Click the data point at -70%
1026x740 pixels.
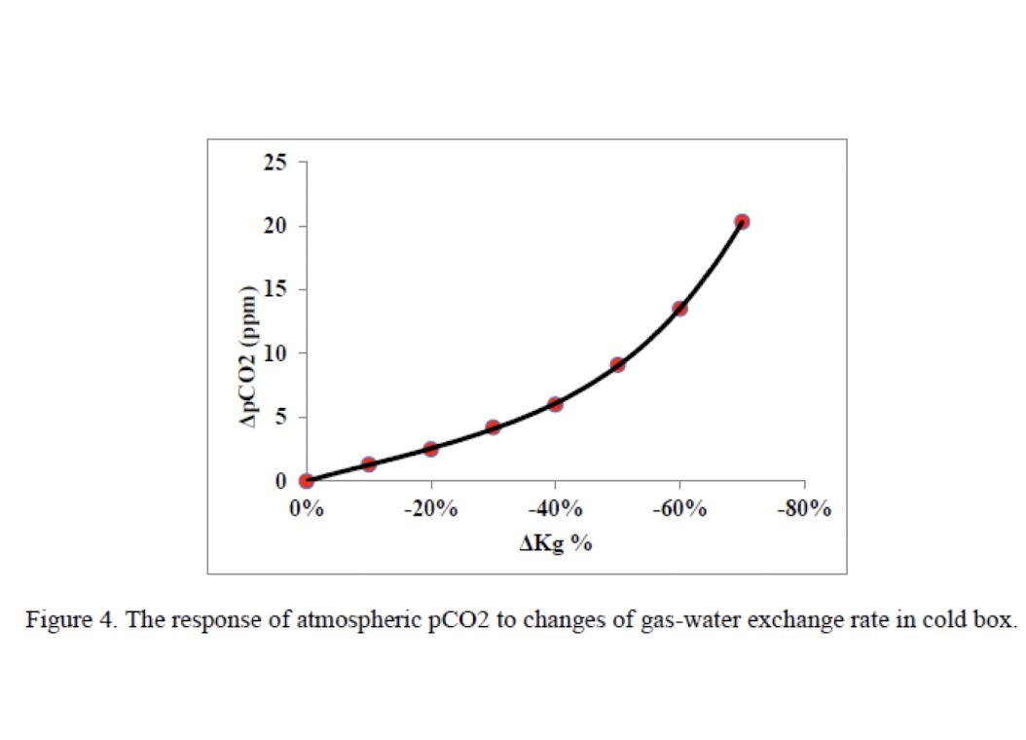pyautogui.click(x=742, y=222)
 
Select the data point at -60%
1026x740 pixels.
pyautogui.click(x=679, y=308)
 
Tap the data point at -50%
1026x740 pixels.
pyautogui.click(x=617, y=365)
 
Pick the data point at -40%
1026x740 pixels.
pyautogui.click(x=555, y=404)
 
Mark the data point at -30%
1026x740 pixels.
pyautogui.click(x=493, y=427)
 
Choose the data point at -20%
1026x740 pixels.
pyautogui.click(x=430, y=449)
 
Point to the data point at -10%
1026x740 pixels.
pyautogui.click(x=368, y=464)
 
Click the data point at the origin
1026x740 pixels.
pyautogui.click(x=307, y=481)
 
